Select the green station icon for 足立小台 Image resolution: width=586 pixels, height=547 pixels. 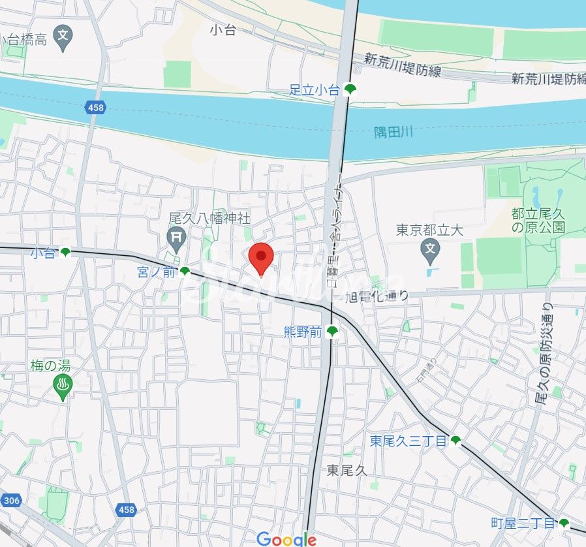(x=350, y=90)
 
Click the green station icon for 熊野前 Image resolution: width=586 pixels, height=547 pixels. (x=332, y=332)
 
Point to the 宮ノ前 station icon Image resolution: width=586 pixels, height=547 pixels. (x=185, y=272)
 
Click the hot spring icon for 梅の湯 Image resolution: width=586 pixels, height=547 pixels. (x=63, y=388)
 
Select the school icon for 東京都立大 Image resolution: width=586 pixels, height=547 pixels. (x=429, y=248)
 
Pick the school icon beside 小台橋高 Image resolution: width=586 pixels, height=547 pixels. (x=63, y=38)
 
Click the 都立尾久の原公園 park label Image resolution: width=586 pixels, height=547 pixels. (x=538, y=221)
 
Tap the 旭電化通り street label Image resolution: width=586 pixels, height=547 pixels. (x=377, y=296)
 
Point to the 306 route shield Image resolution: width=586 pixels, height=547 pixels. (x=11, y=501)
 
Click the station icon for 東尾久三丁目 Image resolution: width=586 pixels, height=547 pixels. (x=455, y=441)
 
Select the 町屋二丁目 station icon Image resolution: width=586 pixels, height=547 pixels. (x=564, y=523)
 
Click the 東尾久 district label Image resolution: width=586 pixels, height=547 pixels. (x=348, y=469)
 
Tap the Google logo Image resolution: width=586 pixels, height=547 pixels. (x=286, y=539)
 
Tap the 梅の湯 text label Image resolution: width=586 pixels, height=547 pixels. (x=50, y=366)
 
